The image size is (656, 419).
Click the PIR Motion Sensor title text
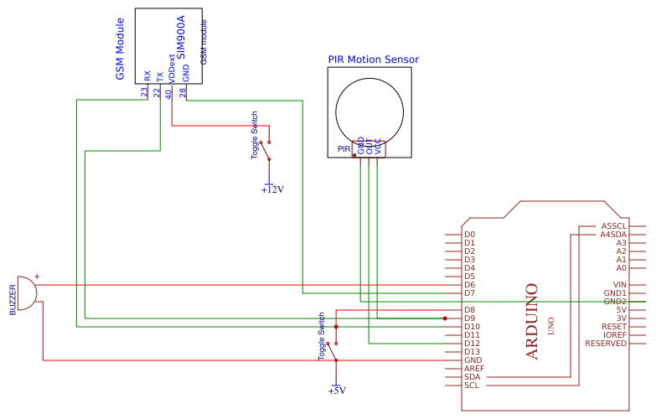click(x=373, y=59)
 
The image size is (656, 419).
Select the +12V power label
click(x=272, y=189)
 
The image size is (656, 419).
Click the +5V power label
click(x=337, y=391)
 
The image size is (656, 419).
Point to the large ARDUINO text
click(x=531, y=322)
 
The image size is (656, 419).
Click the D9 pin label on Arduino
click(x=469, y=318)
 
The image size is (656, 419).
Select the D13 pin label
click(x=472, y=352)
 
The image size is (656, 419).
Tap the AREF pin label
click(x=473, y=369)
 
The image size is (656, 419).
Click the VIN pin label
click(x=619, y=285)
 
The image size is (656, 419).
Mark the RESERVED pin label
click(x=606, y=344)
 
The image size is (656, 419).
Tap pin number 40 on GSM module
click(x=168, y=93)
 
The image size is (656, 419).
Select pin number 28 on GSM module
click(x=183, y=93)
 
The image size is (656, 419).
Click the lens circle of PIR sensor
click(x=369, y=111)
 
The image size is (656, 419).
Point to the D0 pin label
click(x=469, y=235)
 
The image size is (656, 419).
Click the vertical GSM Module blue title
click(x=120, y=49)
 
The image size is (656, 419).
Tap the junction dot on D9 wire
click(x=445, y=318)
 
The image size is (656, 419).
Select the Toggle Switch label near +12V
click(x=255, y=136)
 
